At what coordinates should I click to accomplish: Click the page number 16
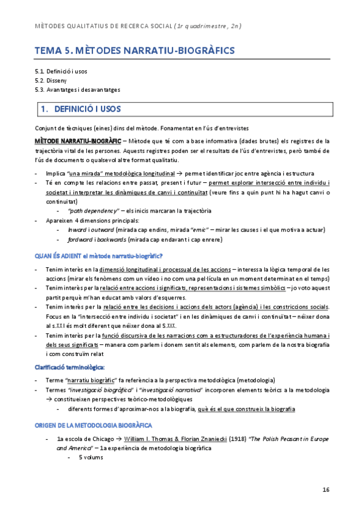[326, 489]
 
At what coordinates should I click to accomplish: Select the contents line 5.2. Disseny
[50, 80]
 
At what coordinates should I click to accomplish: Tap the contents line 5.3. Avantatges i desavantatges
[77, 89]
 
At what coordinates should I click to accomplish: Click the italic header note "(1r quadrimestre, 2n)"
[208, 26]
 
